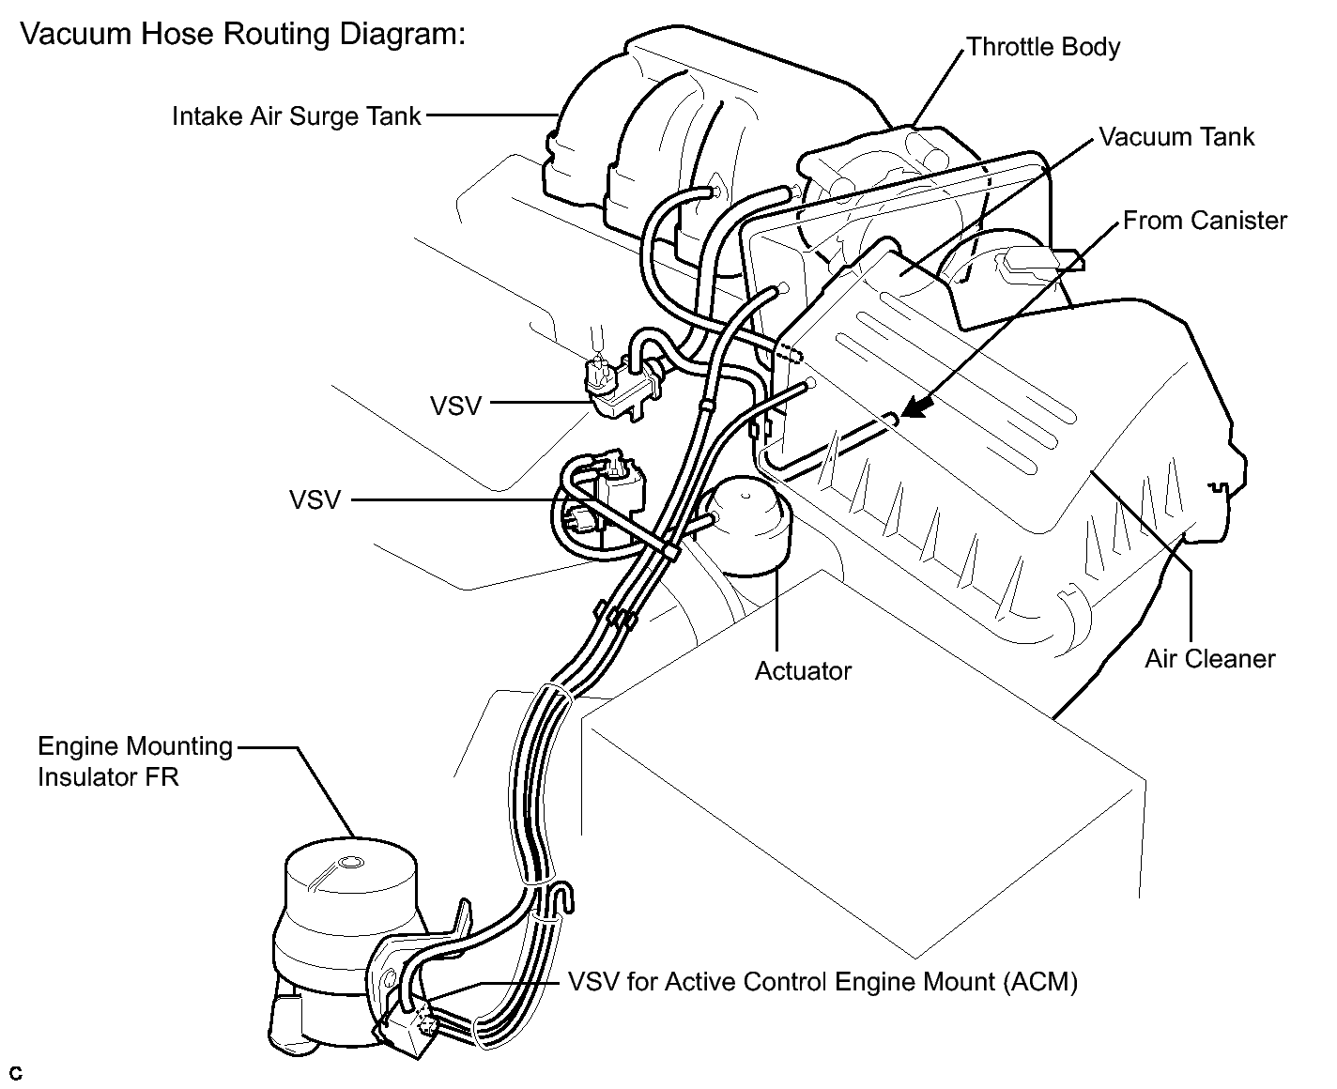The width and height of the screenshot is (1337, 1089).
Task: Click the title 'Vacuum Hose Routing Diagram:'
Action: (241, 37)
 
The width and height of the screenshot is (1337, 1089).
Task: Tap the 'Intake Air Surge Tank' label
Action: (296, 117)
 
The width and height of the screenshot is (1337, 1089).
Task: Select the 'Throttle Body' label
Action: (1042, 47)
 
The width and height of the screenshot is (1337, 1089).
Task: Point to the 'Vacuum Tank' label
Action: (1176, 137)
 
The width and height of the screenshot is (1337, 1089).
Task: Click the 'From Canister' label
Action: (1205, 221)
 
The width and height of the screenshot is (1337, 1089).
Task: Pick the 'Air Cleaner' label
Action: (1209, 658)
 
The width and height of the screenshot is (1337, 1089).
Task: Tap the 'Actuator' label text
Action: (803, 671)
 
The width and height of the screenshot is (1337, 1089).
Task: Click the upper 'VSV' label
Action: (455, 406)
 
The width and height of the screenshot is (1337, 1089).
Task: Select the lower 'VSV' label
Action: (315, 499)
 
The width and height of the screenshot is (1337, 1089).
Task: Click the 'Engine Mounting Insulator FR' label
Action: (134, 761)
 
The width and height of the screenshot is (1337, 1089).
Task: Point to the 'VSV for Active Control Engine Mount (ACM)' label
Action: (822, 982)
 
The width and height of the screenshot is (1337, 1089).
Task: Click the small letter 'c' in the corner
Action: (16, 1073)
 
